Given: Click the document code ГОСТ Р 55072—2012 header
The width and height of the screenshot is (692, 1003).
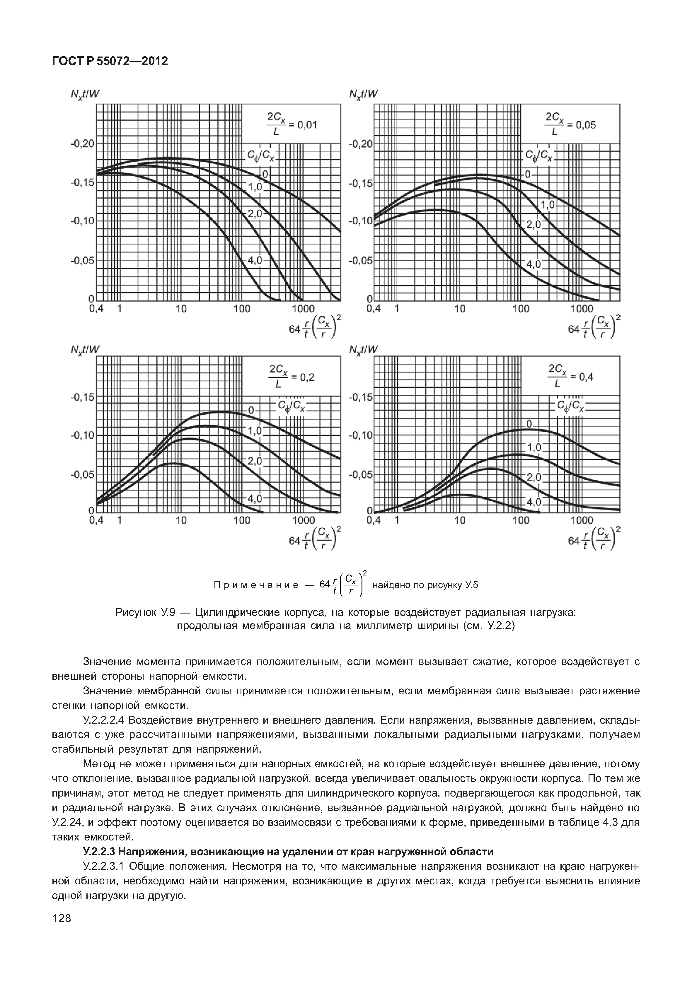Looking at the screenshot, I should pos(110,61).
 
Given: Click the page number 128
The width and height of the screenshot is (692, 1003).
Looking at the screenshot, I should pos(61,930).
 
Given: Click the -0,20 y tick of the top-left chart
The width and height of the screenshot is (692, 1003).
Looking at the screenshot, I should pos(82,143).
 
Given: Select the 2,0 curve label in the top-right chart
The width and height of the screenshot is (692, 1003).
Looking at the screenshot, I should pos(533,225).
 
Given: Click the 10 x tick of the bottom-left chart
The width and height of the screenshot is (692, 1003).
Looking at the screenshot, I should pos(181,520).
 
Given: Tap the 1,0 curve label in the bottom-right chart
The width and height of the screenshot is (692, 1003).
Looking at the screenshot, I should pos(534,447).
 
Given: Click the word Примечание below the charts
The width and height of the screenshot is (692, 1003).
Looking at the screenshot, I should pos(256,585).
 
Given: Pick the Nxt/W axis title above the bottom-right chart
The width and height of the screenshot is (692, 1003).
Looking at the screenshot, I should pos(363,349).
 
